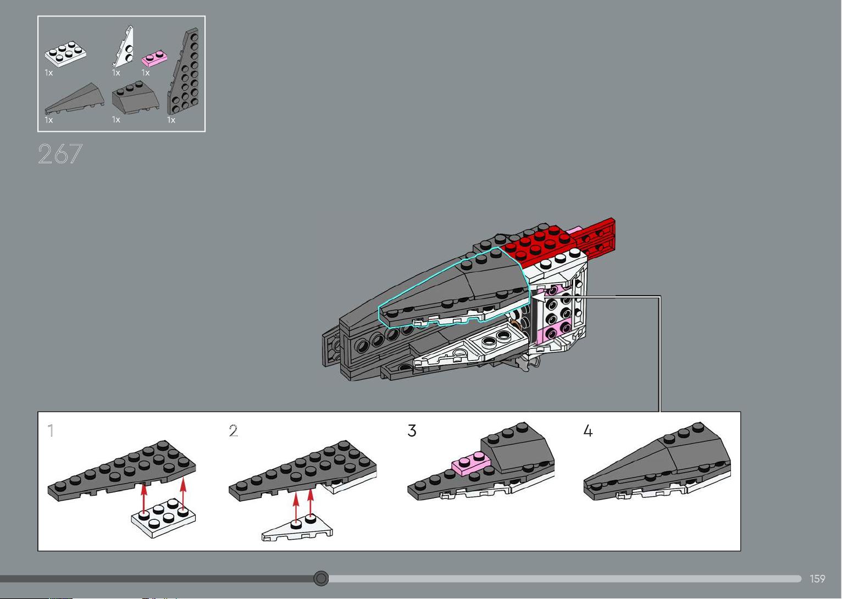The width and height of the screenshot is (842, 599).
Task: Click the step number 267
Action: pyautogui.click(x=60, y=154)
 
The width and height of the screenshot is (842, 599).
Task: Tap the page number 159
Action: pyautogui.click(x=818, y=579)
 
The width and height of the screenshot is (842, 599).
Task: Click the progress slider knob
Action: pyautogui.click(x=320, y=578)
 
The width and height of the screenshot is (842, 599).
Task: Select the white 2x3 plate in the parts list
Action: pyautogui.click(x=65, y=54)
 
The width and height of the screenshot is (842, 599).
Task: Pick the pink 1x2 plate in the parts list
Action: pyautogui.click(x=154, y=58)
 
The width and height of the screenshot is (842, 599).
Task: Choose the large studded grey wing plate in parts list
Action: pyautogui.click(x=184, y=71)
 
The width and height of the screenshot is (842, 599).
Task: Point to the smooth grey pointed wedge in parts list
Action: pyautogui.click(x=74, y=98)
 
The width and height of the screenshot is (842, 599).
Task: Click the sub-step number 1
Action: pyautogui.click(x=51, y=430)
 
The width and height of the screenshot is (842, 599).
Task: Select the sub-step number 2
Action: pyautogui.click(x=234, y=431)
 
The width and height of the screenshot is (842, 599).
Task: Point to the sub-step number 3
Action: pyautogui.click(x=412, y=431)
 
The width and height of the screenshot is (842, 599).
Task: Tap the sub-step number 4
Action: pyautogui.click(x=588, y=431)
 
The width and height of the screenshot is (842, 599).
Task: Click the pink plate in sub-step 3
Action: pyautogui.click(x=472, y=464)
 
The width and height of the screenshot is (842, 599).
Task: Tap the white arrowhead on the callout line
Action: pyautogui.click(x=539, y=297)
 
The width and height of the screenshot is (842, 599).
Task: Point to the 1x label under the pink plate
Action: pyautogui.click(x=146, y=73)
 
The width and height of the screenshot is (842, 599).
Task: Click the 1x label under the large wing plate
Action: pyautogui.click(x=171, y=120)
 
